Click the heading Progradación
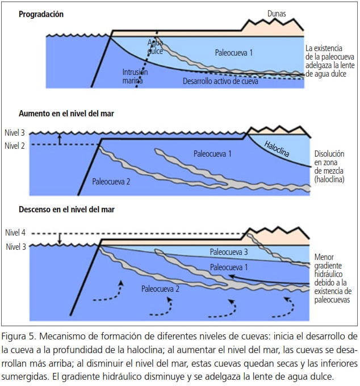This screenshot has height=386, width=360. point(41,14)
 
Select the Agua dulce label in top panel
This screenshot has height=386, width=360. point(155,47)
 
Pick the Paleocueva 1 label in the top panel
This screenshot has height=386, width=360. point(234,53)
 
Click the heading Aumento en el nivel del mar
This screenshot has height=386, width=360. point(66,114)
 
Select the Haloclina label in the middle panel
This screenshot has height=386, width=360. point(279,149)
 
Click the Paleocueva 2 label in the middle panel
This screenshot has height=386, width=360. point(111,182)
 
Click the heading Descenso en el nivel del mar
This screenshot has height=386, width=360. point(66,209)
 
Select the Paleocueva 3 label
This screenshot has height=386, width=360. point(229,252)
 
